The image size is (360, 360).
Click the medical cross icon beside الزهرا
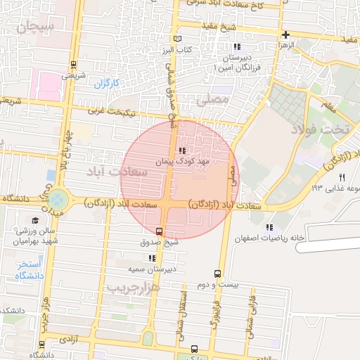point(285,34)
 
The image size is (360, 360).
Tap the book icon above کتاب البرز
point(177,39)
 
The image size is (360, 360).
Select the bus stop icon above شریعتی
point(74,63)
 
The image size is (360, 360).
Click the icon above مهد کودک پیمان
point(182,150)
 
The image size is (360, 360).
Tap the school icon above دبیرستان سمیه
point(152,258)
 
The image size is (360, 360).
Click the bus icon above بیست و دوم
point(217,274)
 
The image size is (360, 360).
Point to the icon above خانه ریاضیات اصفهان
point(269,226)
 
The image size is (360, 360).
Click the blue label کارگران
point(107,84)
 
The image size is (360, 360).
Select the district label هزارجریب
point(134,287)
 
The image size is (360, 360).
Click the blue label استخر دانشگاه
point(30,269)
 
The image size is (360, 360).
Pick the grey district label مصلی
point(214,101)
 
